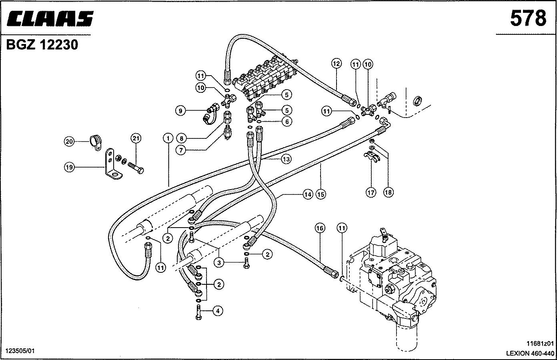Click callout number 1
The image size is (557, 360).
tap(168, 138)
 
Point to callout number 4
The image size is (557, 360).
tap(218, 311)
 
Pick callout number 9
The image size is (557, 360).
tap(180, 111)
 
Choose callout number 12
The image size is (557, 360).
tap(336, 64)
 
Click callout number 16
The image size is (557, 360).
tap(320, 228)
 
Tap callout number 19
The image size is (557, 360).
tap(69, 167)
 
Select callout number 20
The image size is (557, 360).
tap(69, 142)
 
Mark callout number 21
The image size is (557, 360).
tap(136, 138)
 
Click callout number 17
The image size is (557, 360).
tap(371, 192)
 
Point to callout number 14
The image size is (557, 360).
tap(308, 194)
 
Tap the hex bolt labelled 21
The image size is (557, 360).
tap(136, 168)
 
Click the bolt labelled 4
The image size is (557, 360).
tap(198, 312)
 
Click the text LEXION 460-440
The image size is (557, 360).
tap(530, 353)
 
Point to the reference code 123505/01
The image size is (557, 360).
tap(20, 351)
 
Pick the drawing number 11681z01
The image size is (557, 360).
tap(540, 344)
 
